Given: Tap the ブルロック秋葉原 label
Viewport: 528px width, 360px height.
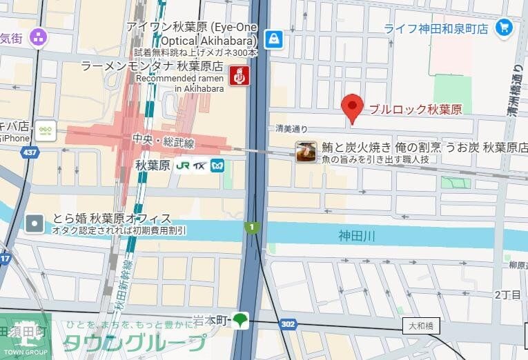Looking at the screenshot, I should tap(415, 109).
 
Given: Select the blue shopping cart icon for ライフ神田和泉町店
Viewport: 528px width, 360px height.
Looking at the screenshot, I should tap(505, 28).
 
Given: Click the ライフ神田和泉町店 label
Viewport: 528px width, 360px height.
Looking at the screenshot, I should tap(446, 29).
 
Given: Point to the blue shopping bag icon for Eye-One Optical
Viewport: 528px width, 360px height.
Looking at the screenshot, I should tap(275, 39).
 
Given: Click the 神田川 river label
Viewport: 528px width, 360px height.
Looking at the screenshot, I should tap(357, 236).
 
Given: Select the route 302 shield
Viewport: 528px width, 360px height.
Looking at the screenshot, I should tap(289, 323).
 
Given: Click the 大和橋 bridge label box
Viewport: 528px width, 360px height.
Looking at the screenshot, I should tap(422, 325).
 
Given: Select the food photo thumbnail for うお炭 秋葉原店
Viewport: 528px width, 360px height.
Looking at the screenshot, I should tap(306, 152).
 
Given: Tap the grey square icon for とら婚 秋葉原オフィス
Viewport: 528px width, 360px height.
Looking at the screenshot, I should tap(34, 223).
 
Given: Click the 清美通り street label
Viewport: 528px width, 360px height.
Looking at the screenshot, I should tap(291, 128).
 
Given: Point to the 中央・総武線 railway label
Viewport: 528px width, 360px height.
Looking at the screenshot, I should tap(164, 143).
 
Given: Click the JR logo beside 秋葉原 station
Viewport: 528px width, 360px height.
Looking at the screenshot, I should tap(183, 166).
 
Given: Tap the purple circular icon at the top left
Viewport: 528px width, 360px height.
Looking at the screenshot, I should tap(38, 36).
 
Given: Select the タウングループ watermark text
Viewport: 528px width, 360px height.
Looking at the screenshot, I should tap(134, 343).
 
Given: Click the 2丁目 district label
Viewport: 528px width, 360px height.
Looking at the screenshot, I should tap(507, 294).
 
